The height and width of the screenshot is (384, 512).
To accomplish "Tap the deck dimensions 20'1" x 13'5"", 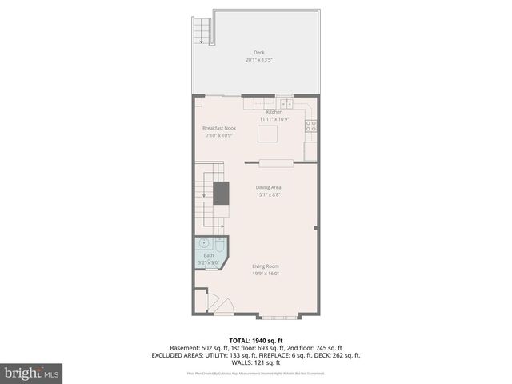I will tap(255, 59).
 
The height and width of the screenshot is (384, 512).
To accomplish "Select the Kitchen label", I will tap(274, 112).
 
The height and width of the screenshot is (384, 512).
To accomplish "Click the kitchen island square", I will tap(268, 133).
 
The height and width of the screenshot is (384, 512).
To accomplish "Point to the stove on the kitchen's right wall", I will tap(311, 126).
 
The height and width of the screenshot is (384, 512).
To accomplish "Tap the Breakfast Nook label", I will tap(218, 128).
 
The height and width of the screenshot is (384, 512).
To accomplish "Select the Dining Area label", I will tap(268, 187).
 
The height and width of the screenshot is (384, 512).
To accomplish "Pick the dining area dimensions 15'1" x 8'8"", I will tap(268, 194).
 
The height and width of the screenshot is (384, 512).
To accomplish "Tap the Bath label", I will tap(208, 255).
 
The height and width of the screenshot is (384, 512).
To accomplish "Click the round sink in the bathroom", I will tap(203, 242).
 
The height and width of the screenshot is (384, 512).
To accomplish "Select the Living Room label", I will tap(266, 266).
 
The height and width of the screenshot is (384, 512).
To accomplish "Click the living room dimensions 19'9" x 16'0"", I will tap(266, 274).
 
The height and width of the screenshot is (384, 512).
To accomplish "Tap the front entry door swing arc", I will tap(225, 306).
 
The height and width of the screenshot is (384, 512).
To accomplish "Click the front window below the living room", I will tap(281, 317).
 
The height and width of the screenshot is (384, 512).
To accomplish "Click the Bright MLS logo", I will tap(32, 373).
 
